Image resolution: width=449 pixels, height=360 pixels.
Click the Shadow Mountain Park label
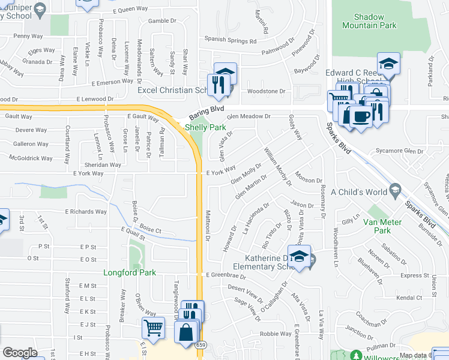point(370,22)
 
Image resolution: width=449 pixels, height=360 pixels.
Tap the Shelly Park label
point(205,127)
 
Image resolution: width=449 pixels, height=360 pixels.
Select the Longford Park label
point(130,272)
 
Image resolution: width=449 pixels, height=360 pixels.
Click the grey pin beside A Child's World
point(395,191)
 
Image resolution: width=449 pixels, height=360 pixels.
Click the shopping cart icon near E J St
point(154,328)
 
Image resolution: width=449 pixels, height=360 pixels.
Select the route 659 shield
point(200,345)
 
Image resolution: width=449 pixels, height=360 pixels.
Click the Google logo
point(20,353)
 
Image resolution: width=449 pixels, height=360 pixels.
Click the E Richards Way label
point(86,212)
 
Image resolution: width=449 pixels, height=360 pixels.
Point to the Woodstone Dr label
point(265,91)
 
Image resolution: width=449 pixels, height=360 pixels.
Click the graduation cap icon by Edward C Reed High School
point(388,65)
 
